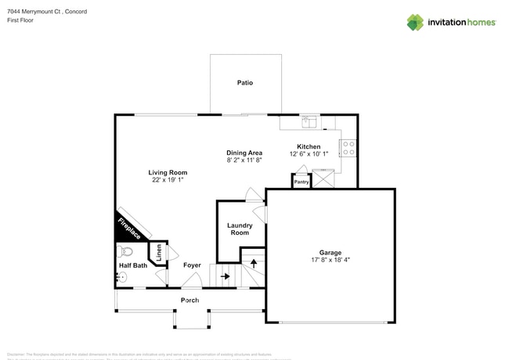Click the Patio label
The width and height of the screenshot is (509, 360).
(x=245, y=82)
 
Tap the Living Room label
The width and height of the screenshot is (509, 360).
(x=168, y=172)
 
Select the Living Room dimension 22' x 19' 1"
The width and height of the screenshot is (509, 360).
(x=168, y=180)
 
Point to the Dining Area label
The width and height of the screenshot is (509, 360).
(x=244, y=153)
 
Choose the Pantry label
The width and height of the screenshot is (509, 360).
(x=301, y=182)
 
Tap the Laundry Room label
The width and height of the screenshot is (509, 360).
(x=240, y=229)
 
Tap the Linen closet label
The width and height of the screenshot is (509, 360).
(x=159, y=253)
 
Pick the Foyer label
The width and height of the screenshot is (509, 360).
(x=193, y=265)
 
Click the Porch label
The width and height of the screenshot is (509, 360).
(x=190, y=301)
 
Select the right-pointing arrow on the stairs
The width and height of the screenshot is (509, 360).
(x=225, y=275)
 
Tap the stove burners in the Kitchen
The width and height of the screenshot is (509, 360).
(x=348, y=149)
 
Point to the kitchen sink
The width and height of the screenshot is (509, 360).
(x=311, y=121)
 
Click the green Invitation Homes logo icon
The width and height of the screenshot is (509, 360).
(x=415, y=22)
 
